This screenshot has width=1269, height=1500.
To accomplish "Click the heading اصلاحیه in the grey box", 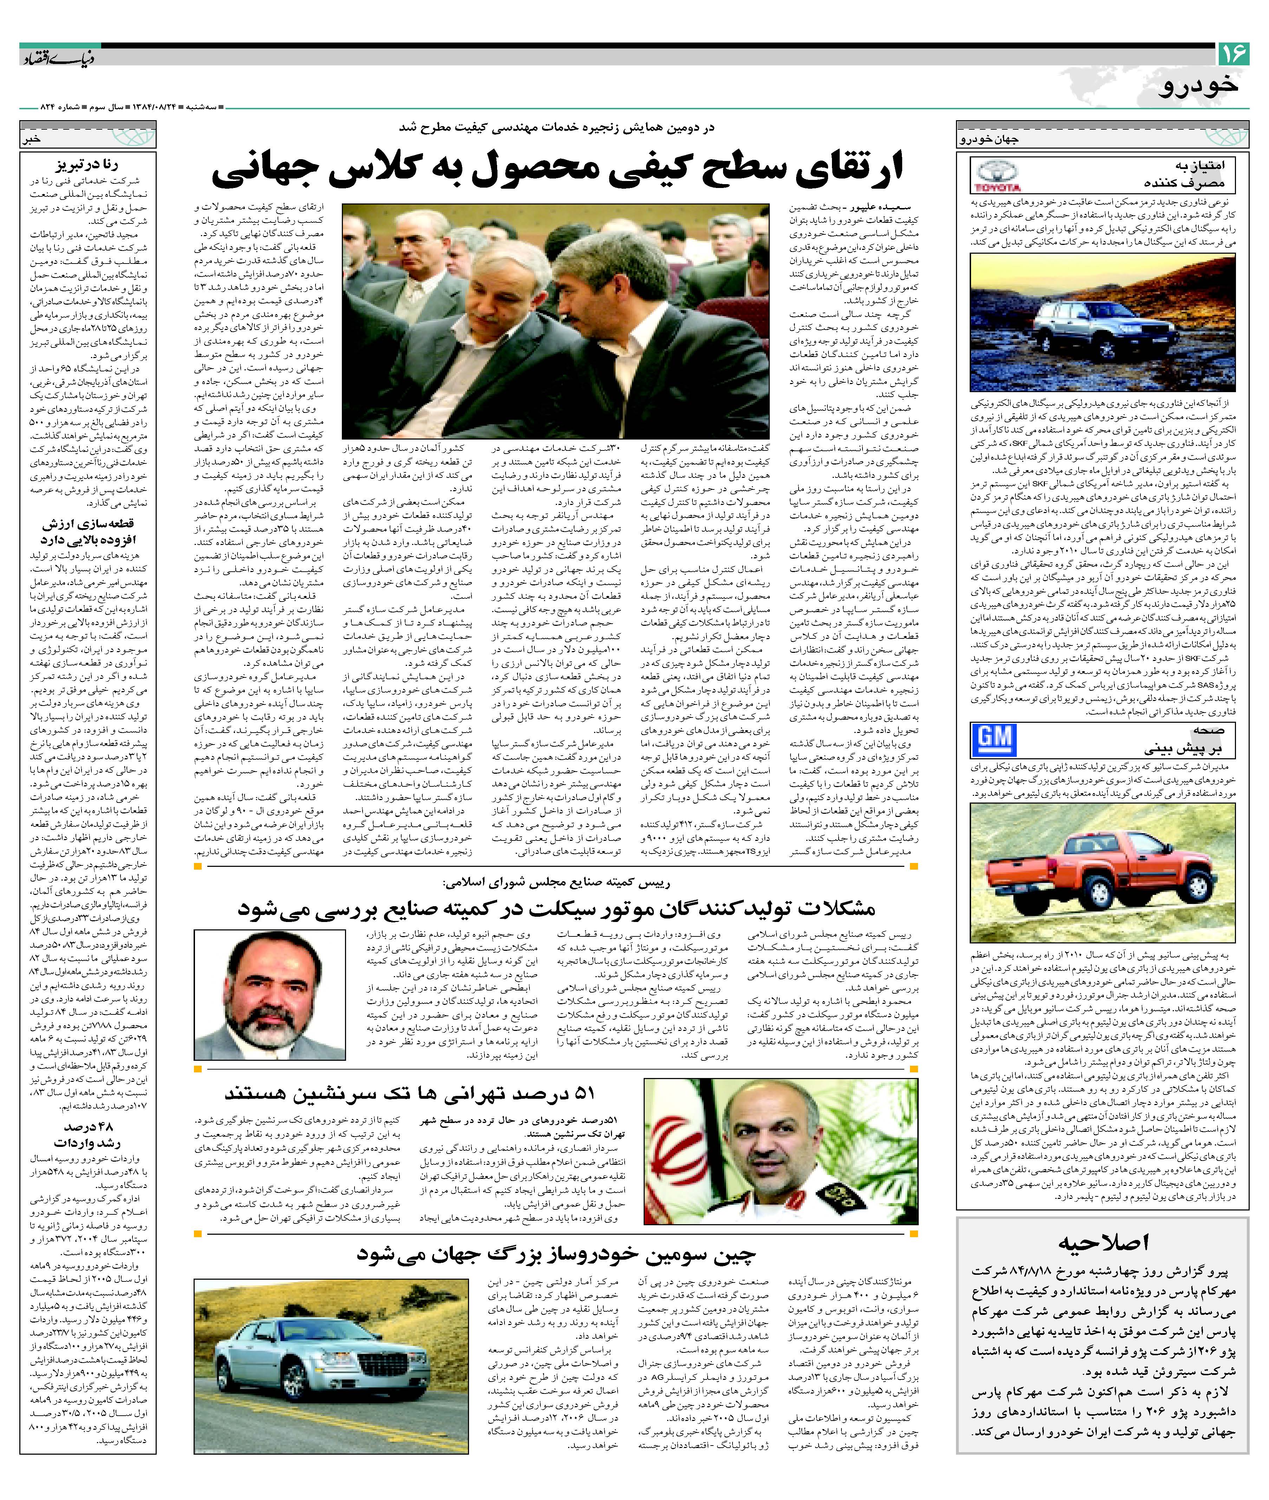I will [1103, 1242].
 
